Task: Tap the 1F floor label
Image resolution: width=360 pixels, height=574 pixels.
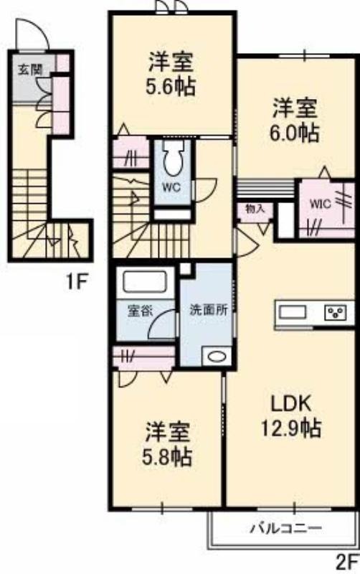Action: [x=77, y=282]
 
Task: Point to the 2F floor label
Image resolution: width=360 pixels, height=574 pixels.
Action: [x=346, y=563]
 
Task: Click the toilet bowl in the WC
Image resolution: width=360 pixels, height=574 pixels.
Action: [x=173, y=159]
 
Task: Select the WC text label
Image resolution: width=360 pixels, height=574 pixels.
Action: [x=172, y=187]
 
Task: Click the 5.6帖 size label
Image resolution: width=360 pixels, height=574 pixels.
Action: [x=170, y=86]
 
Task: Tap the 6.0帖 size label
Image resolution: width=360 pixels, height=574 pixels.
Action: [x=295, y=133]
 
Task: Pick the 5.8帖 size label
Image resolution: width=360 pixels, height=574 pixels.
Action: [x=167, y=456]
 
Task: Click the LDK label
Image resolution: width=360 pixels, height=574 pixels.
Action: [x=291, y=403]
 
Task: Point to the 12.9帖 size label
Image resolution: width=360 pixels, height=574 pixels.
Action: [x=291, y=428]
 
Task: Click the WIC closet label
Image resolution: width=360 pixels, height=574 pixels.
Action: [x=321, y=204]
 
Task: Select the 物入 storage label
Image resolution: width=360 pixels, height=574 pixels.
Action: [x=255, y=210]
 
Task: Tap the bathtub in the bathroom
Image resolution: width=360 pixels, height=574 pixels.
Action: [x=145, y=281]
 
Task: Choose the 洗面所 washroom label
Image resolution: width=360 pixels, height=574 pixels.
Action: [x=208, y=310]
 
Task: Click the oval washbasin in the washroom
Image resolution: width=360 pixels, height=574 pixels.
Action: [x=217, y=357]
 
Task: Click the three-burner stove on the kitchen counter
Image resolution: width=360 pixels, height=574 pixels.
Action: [x=336, y=313]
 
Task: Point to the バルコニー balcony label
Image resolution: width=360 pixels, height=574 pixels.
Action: [x=286, y=528]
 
